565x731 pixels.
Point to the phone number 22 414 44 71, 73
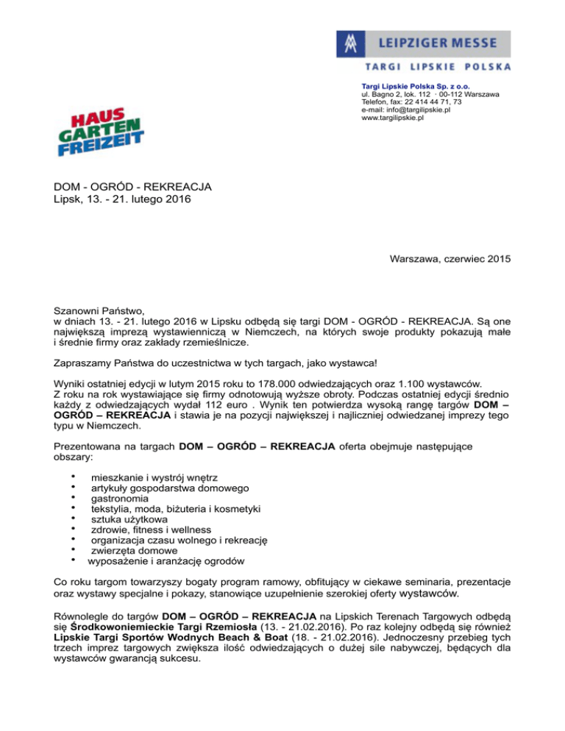[430, 102]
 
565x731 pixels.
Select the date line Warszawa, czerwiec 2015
[448, 259]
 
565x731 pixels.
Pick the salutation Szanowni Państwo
[102, 310]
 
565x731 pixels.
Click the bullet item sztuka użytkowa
[129, 519]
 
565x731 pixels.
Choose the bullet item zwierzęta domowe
[134, 551]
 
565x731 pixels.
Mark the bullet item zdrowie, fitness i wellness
[151, 529]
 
